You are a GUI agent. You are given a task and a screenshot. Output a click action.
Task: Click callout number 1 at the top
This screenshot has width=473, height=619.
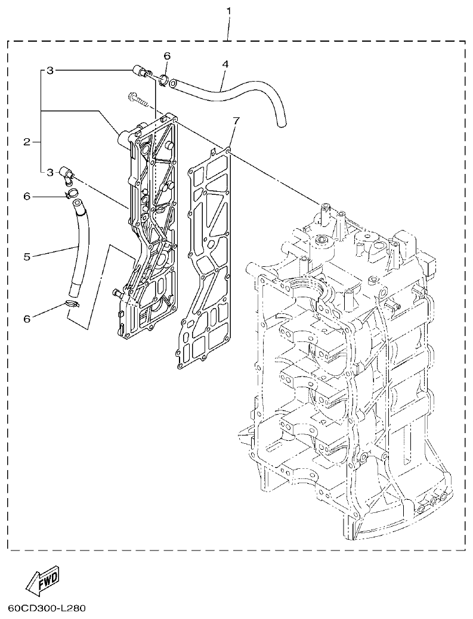click(229, 11)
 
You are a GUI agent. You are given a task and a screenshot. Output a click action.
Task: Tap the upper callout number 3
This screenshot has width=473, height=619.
click(50, 70)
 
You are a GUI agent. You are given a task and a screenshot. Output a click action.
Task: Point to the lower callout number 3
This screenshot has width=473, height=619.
click(50, 172)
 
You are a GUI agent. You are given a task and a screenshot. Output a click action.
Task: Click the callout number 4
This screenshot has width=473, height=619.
click(225, 63)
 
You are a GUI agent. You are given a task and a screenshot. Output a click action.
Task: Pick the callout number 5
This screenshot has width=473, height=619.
click(26, 257)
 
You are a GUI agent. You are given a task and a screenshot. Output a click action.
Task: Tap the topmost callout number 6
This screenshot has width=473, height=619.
click(167, 55)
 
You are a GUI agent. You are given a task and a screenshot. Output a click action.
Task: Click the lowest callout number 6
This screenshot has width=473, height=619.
click(26, 319)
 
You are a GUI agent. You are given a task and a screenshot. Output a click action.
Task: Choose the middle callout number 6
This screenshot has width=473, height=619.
click(26, 196)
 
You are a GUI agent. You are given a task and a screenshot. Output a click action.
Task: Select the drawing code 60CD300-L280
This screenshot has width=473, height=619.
click(47, 609)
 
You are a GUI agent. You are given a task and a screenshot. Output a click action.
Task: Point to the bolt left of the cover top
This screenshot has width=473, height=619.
click(138, 98)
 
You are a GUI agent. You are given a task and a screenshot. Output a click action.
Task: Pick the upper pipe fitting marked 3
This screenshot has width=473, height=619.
click(141, 73)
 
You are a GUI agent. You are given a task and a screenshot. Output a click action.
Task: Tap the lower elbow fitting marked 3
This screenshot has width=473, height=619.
click(66, 173)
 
